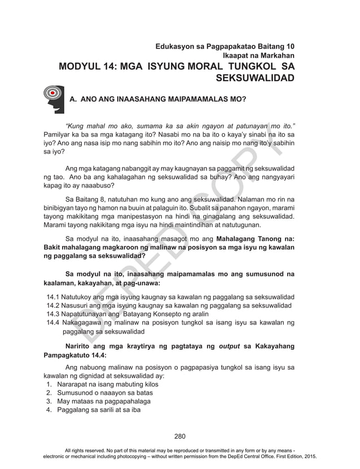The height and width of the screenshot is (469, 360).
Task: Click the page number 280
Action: pyautogui.click(x=179, y=436)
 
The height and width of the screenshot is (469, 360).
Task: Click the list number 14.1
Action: pyautogui.click(x=53, y=297)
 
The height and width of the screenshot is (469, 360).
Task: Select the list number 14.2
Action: pyautogui.click(x=53, y=305)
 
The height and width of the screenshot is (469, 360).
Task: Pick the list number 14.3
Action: pyautogui.click(x=53, y=314)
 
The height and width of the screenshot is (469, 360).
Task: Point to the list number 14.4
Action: pyautogui.click(x=53, y=323)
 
